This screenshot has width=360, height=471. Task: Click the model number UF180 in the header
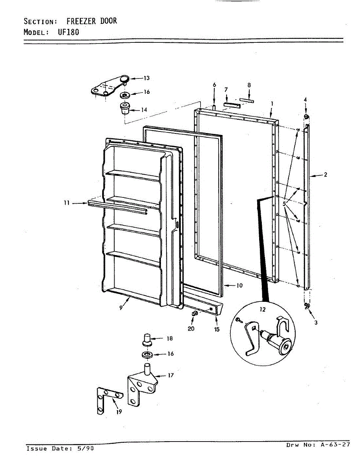click(x=69, y=32)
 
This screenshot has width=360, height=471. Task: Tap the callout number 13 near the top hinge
click(x=146, y=78)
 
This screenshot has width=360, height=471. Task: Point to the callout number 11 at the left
click(x=67, y=203)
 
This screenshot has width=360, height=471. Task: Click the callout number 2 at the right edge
click(x=325, y=175)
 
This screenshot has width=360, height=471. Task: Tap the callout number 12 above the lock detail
click(x=262, y=310)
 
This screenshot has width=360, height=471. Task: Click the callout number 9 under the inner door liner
click(x=121, y=308)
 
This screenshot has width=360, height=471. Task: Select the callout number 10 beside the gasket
click(x=239, y=285)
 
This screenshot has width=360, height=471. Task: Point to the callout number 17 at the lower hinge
click(x=170, y=376)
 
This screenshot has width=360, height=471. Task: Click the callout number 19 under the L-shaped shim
click(x=119, y=412)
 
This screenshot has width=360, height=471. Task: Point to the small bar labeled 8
click(x=248, y=100)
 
